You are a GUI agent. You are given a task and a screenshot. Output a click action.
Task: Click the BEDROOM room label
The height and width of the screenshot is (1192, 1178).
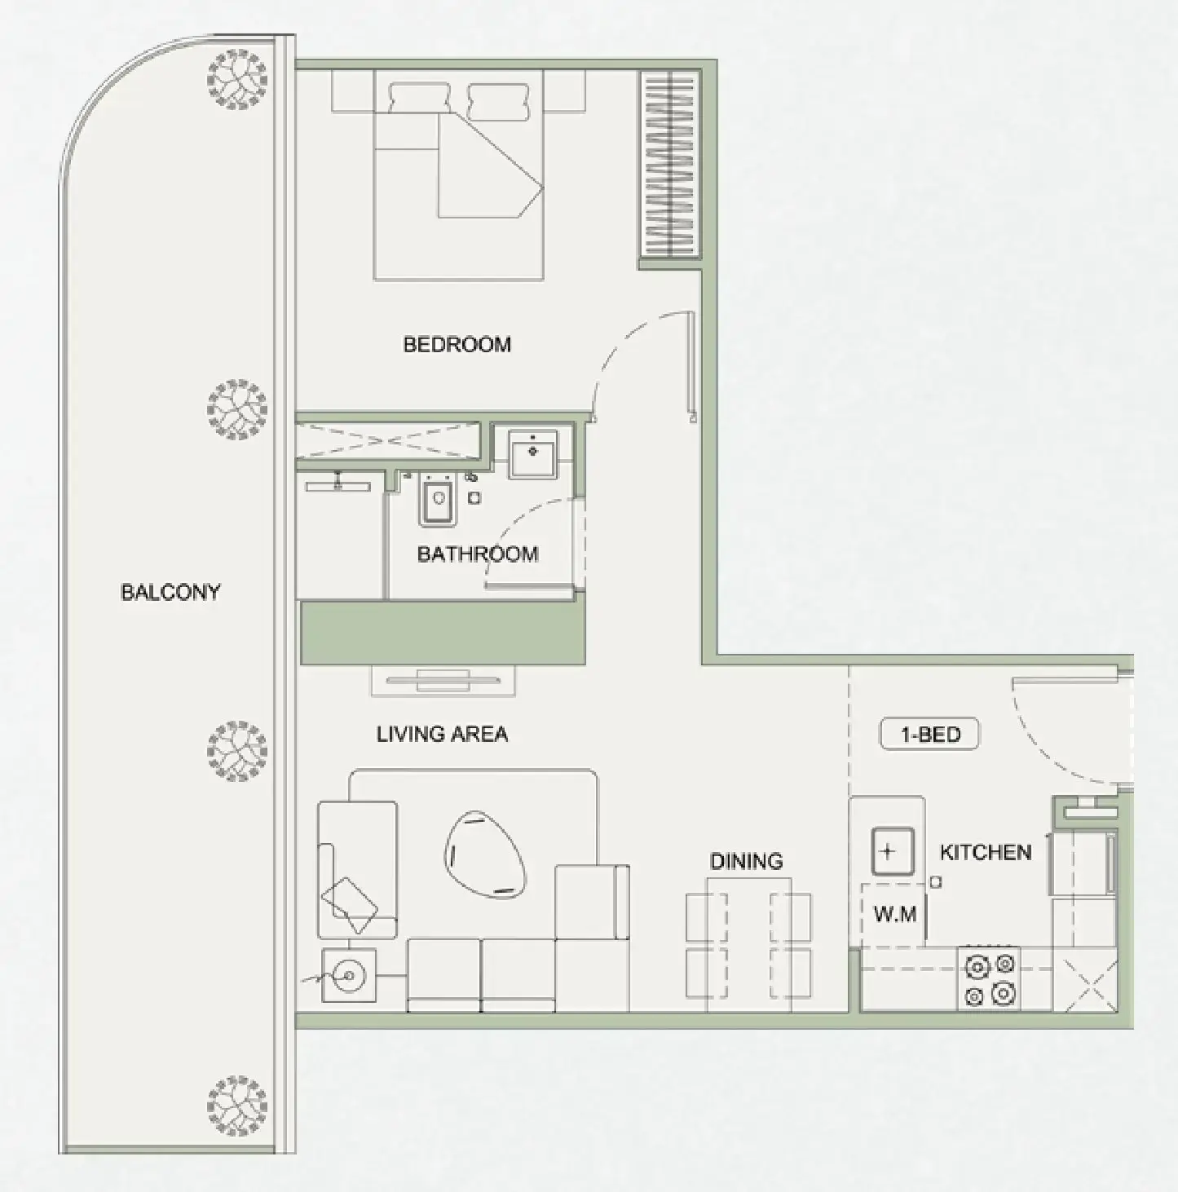click(x=457, y=344)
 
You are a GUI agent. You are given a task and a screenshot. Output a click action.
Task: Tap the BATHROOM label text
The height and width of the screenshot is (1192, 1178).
click(x=477, y=554)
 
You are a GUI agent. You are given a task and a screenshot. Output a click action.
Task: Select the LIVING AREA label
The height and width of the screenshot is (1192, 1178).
click(x=442, y=734)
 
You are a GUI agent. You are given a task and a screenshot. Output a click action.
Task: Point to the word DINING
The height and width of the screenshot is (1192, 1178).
click(x=746, y=861)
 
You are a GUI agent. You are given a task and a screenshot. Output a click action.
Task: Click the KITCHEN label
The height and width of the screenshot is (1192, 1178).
click(x=985, y=853)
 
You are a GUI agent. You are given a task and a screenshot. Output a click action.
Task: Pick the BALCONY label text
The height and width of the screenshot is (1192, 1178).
click(x=170, y=592)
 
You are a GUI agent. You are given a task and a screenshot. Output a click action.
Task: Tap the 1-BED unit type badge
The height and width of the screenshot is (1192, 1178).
click(x=929, y=735)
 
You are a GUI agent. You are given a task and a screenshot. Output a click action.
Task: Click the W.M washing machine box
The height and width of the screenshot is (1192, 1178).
click(x=894, y=915)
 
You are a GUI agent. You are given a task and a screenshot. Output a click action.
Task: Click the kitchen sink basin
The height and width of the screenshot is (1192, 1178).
click(x=889, y=853)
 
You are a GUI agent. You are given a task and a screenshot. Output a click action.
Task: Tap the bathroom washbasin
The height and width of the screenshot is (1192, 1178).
click(x=532, y=454)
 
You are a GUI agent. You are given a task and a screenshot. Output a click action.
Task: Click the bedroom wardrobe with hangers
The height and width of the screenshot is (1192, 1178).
click(x=669, y=164)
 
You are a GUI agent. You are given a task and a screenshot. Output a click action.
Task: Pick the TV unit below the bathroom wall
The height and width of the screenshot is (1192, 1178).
click(x=443, y=680)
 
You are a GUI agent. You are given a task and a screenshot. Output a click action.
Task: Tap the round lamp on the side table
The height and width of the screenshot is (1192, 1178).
click(x=349, y=975)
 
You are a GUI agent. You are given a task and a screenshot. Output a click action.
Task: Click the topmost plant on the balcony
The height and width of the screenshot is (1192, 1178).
click(x=236, y=79)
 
